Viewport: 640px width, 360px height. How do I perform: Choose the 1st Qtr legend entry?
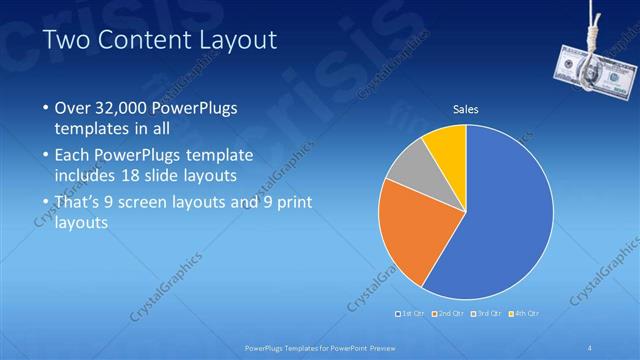pos(412,313)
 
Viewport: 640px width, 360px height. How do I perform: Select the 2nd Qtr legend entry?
pos(450,313)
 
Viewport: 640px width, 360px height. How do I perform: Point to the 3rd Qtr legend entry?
pos(487,313)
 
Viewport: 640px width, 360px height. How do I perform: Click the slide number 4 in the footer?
pos(590,347)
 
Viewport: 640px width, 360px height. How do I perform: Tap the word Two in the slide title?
pos(67,40)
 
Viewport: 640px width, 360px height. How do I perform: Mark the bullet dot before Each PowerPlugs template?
pos(45,156)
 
